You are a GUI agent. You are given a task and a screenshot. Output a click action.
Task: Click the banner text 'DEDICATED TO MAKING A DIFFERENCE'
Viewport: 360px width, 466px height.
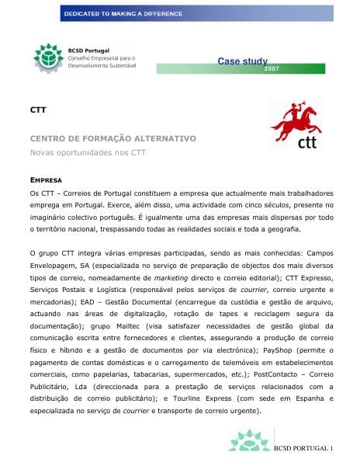[123, 14]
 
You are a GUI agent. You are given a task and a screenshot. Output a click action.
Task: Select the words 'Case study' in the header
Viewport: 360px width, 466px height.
[243, 61]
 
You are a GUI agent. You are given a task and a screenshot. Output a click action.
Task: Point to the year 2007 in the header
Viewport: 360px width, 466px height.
[272, 69]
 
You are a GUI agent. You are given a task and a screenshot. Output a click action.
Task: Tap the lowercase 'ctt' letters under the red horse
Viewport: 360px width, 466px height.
[307, 141]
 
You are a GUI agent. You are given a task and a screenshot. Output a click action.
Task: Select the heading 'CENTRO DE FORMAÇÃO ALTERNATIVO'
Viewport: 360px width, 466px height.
[112, 138]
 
